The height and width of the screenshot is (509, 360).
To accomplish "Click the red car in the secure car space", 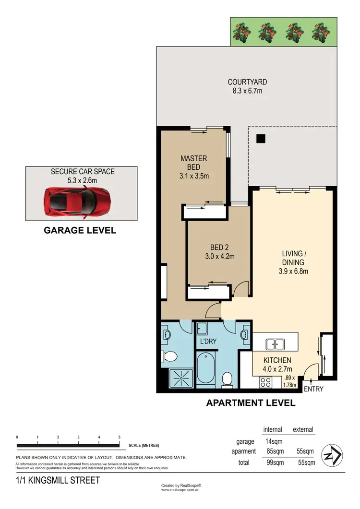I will tap(77, 202).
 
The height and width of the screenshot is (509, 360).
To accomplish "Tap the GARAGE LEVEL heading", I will tap(80, 230).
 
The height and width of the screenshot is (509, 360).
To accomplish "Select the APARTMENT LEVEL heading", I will tap(251, 403).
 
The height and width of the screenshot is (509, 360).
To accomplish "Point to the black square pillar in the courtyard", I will tap(261, 138).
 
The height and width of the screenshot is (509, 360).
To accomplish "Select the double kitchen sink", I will tap(276, 343).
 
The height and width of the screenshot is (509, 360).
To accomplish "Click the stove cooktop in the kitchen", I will tap(265, 382).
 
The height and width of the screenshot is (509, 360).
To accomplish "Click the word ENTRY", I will tap(313, 389).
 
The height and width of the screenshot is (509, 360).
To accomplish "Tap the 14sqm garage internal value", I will tap(274, 441).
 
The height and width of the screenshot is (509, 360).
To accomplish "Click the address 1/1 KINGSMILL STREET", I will tap(58, 480).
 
